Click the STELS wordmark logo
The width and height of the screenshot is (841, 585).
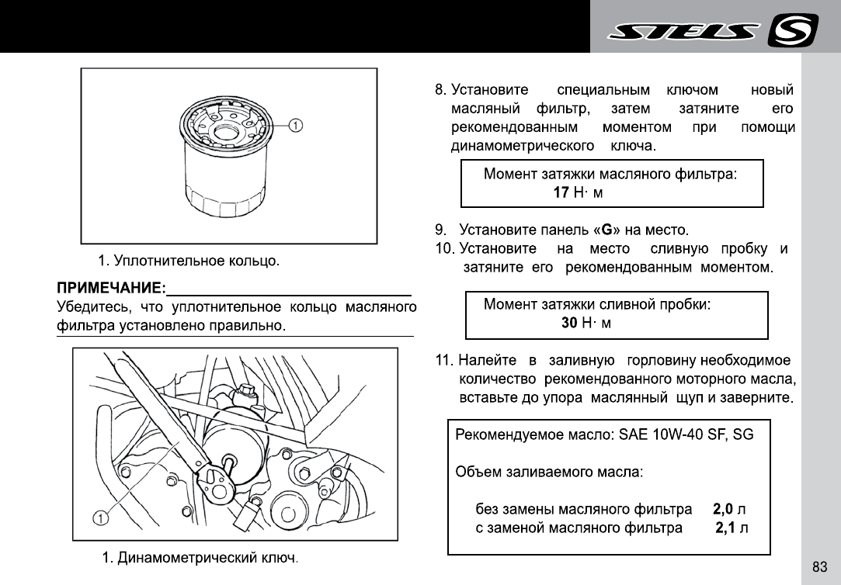coord(683,32)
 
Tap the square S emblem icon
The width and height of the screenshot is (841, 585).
coord(791,32)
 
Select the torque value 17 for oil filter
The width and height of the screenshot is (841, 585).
coord(561,192)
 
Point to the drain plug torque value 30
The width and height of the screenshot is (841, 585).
coord(569,323)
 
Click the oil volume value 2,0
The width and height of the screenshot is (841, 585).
coord(723,510)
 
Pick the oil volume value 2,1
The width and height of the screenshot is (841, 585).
coord(725,528)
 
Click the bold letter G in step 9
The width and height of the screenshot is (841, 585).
coord(607,230)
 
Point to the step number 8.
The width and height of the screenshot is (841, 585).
coord(440,90)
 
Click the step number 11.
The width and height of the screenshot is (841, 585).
coord(443,361)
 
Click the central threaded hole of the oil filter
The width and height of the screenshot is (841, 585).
coord(226,131)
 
